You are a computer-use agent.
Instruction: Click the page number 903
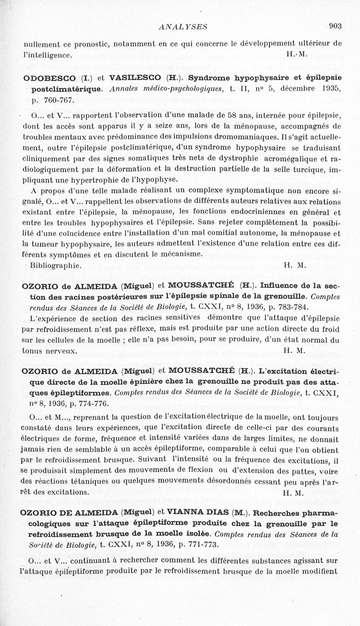click(x=335, y=26)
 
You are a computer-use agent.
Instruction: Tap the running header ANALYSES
click(x=183, y=27)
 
